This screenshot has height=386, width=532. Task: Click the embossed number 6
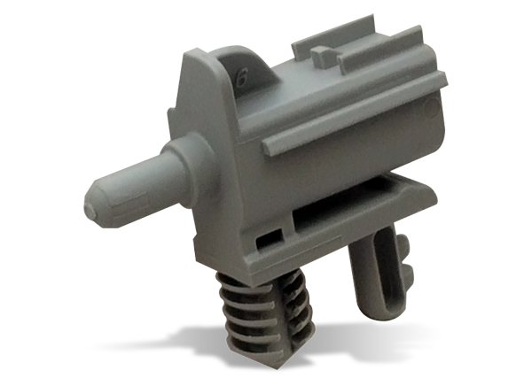pyautogui.click(x=240, y=77)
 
